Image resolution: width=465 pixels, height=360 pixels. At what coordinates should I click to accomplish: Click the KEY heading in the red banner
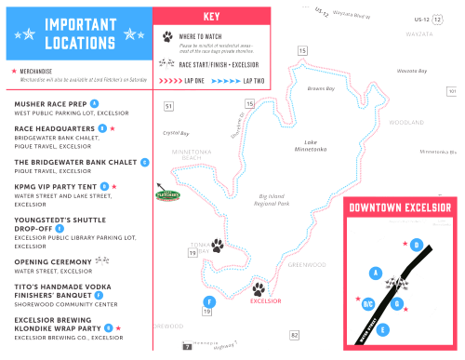point(211,16)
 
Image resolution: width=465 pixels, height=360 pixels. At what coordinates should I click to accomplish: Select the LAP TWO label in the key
point(254,81)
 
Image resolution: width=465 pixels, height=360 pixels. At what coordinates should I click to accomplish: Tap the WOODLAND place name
point(405,122)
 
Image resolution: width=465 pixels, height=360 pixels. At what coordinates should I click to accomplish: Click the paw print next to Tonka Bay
point(217,246)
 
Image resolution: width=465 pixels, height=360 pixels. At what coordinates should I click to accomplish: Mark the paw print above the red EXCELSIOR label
point(259,289)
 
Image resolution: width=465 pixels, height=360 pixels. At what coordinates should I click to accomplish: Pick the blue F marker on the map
point(210,302)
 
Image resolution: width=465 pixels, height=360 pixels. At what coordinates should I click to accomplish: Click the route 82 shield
point(294,335)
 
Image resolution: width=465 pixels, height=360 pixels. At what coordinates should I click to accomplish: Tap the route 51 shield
point(168,107)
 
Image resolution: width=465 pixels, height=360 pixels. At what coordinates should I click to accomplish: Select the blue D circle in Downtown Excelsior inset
point(417,245)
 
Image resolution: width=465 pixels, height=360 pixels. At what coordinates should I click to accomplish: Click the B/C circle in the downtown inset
point(367,303)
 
